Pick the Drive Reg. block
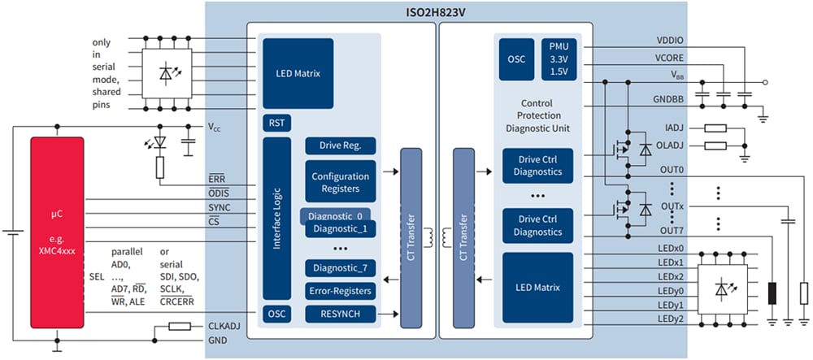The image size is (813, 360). [x=341, y=145]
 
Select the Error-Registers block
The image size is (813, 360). [x=341, y=291]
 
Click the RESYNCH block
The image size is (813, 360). [x=341, y=314]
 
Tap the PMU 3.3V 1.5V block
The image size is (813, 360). [x=558, y=59]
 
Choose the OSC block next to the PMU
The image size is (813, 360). [x=516, y=59]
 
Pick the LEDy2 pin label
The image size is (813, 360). [x=672, y=319]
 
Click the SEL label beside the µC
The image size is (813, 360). [x=96, y=277]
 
